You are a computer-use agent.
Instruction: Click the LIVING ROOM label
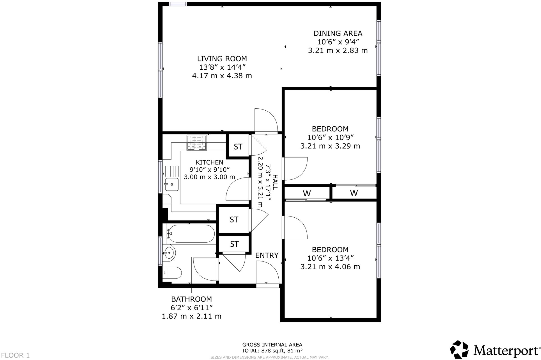point(222,59)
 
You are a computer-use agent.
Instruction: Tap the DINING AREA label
point(338,33)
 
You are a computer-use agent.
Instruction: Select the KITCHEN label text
point(209,162)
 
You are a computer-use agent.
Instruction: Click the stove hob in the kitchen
point(197,143)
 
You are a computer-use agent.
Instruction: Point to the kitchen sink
point(171,184)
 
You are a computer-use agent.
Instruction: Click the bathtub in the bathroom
point(191,234)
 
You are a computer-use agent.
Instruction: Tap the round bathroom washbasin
point(169,253)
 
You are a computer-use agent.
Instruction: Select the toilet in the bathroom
point(172,273)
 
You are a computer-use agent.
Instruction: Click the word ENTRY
point(267,255)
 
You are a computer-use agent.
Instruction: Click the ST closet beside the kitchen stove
point(238,147)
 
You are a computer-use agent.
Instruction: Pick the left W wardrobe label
point(307,193)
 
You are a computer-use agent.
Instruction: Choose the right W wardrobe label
point(354,193)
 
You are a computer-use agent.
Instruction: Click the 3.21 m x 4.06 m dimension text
point(330,267)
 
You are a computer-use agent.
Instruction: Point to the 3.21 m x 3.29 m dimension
point(330,146)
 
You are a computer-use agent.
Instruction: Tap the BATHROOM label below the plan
point(191,299)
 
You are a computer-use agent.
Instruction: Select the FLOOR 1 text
point(15,356)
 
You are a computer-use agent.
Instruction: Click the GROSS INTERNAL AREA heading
point(272,345)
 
